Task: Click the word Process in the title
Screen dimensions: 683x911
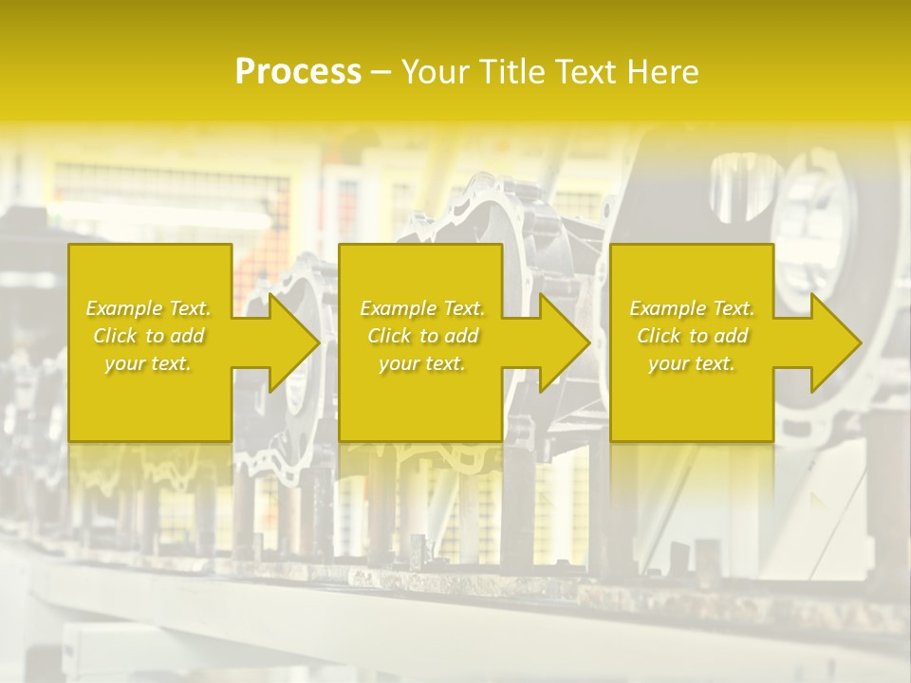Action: click(x=298, y=72)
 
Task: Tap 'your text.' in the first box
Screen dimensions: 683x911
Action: click(x=148, y=363)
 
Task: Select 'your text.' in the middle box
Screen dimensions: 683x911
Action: click(x=421, y=363)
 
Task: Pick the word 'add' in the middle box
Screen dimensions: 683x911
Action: click(x=460, y=336)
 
